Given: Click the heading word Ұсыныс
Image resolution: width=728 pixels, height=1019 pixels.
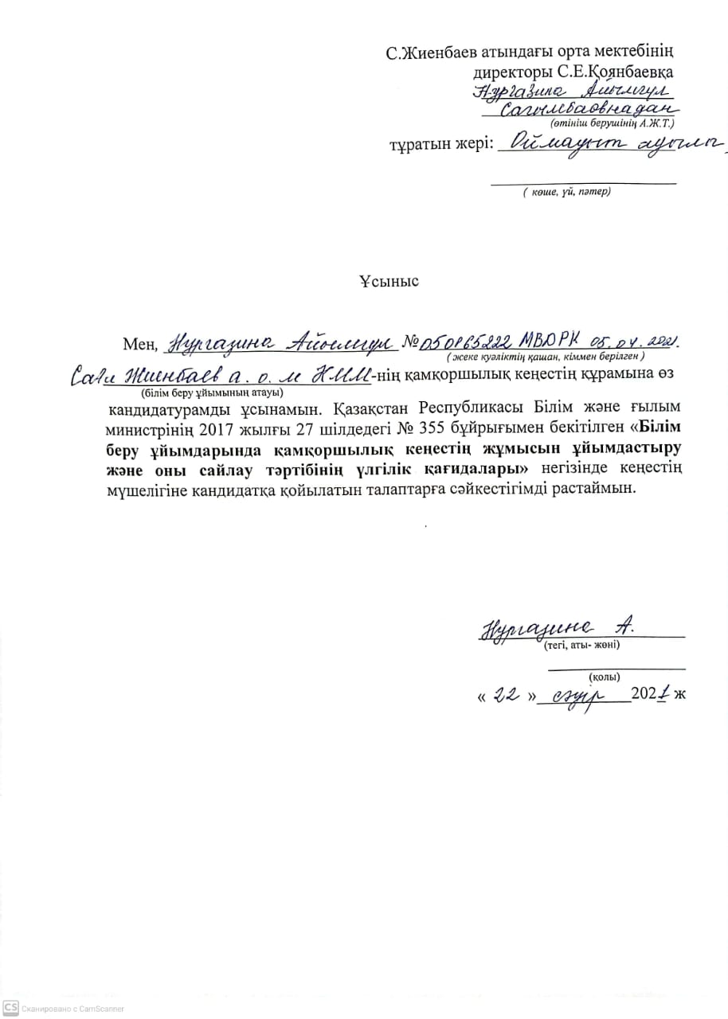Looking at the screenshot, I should pyautogui.click(x=388, y=281).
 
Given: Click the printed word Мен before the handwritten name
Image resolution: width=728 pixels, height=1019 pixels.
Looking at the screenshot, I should pyautogui.click(x=140, y=344).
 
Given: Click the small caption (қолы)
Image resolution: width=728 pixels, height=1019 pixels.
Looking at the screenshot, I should pyautogui.click(x=605, y=677).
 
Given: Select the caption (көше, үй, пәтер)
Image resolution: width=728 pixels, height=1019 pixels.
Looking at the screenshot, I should pyautogui.click(x=566, y=191).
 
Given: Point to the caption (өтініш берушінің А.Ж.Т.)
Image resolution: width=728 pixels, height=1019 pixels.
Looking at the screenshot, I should pyautogui.click(x=612, y=123).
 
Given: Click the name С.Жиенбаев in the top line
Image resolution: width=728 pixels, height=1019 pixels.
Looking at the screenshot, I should pyautogui.click(x=429, y=54).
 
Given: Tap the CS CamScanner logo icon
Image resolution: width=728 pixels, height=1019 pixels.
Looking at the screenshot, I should pyautogui.click(x=10, y=1008).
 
